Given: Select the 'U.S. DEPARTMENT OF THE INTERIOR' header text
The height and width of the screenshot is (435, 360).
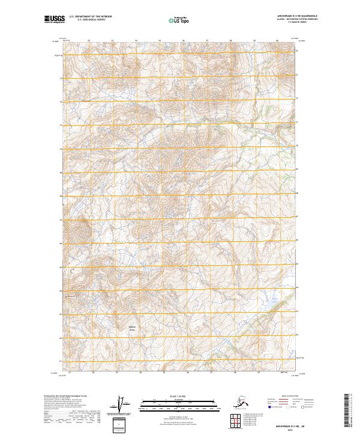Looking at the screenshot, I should (x=91, y=19).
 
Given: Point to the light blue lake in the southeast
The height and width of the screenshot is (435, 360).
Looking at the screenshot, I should (x=268, y=296).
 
